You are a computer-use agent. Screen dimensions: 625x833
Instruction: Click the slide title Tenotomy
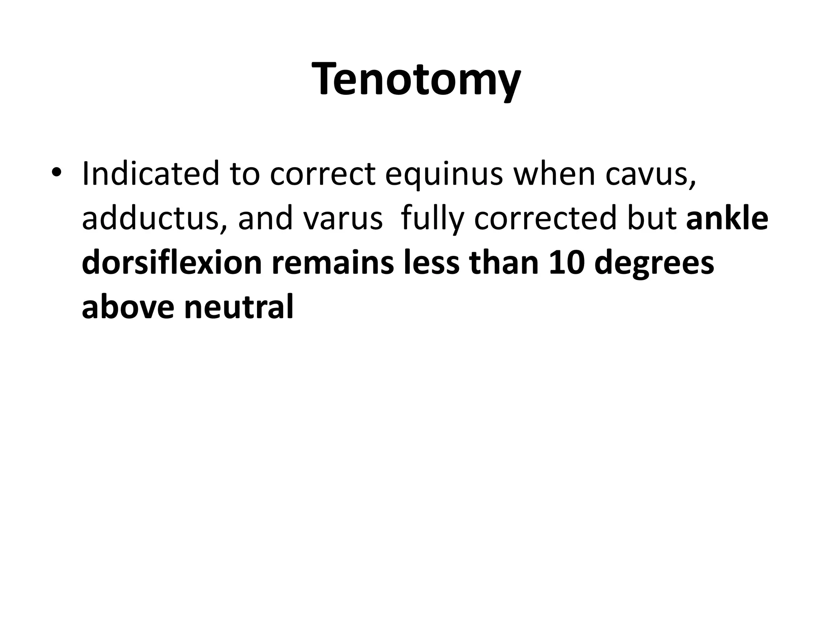pos(416,79)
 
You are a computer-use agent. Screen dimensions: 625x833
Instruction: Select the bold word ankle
pos(727,218)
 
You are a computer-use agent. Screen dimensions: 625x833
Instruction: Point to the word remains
pos(332,263)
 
